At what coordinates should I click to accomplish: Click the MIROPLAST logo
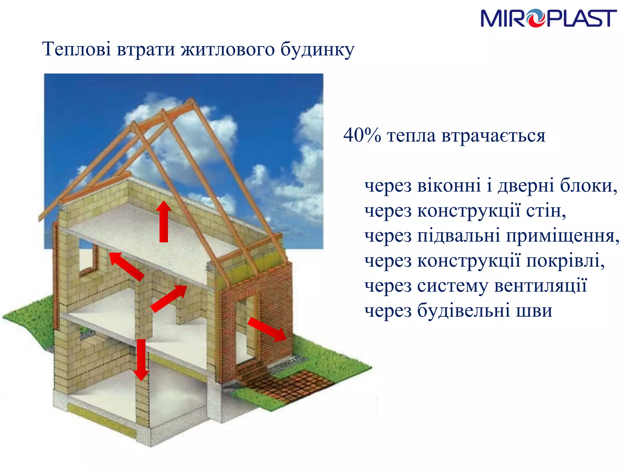point(548,18)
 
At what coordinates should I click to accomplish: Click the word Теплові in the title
point(76,49)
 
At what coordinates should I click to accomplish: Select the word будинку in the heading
point(317,50)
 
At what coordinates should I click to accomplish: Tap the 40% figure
point(362,135)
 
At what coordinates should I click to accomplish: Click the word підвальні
point(458,236)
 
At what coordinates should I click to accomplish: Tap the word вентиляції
point(540,286)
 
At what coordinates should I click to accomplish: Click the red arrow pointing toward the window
point(126,266)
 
